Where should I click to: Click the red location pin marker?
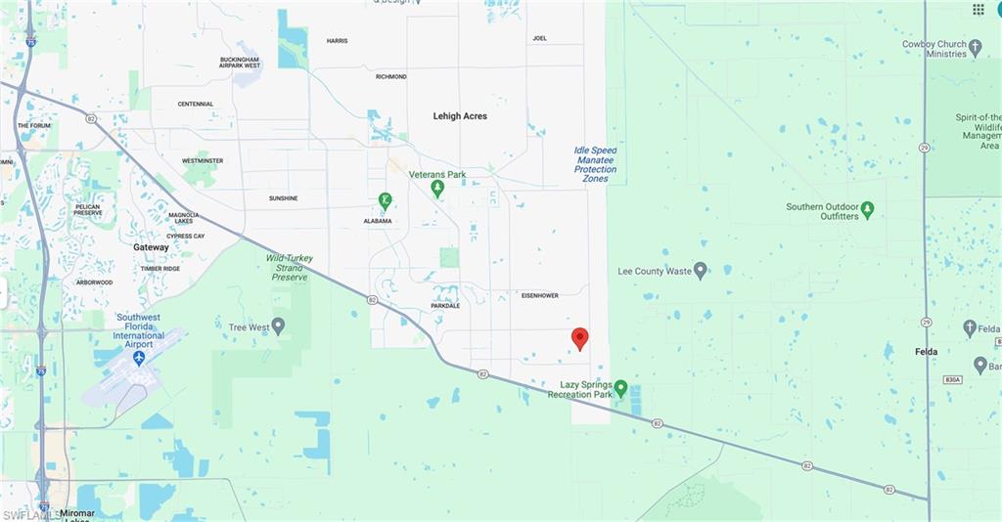579,338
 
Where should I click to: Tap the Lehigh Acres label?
460,116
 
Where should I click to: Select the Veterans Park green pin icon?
437,187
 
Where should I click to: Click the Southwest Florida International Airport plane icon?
138,358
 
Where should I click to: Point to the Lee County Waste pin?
700,271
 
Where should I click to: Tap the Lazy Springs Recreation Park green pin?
620,388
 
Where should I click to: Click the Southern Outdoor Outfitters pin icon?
867,208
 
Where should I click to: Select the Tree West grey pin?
278,326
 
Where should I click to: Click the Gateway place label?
151,247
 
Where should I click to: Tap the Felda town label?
926,352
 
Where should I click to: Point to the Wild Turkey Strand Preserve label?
290,268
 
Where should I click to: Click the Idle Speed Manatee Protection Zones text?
595,164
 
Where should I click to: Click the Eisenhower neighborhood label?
539,294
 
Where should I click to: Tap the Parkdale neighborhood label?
445,306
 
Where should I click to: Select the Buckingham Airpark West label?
240,63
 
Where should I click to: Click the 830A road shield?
953,379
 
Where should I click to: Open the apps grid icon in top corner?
978,10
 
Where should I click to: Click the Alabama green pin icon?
386,200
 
